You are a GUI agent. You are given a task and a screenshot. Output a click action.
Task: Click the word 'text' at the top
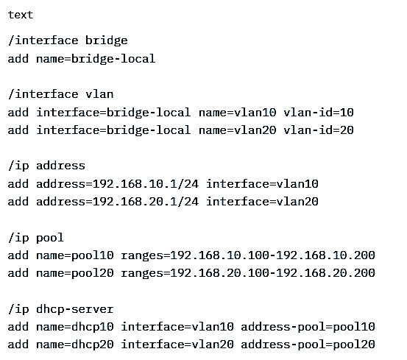[x=21, y=15]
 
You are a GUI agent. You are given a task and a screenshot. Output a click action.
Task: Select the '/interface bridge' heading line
[x=68, y=40]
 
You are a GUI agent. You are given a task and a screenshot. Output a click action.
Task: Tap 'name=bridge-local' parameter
[x=96, y=59]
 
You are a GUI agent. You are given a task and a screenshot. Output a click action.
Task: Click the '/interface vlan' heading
[x=61, y=94]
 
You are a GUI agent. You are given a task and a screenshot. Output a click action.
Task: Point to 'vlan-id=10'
[x=319, y=113]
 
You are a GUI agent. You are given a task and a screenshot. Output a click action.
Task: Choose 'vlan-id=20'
[x=319, y=130]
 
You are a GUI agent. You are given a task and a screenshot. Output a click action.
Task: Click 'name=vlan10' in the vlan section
[x=237, y=113]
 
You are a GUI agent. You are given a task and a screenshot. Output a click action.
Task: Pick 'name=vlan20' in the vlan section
[x=237, y=130]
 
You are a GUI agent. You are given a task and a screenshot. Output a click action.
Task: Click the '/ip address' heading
[x=46, y=166]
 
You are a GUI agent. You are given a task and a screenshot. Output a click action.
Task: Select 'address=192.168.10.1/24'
[x=117, y=184]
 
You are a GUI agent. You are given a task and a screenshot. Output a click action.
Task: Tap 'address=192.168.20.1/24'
[x=117, y=202]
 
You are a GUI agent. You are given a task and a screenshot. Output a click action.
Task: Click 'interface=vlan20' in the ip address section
[x=262, y=202]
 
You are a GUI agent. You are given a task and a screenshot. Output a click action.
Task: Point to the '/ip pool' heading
[x=36, y=238]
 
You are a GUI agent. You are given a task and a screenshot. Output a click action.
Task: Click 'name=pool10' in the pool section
[x=75, y=255]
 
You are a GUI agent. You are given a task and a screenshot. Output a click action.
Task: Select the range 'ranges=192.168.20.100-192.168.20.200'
[x=248, y=273]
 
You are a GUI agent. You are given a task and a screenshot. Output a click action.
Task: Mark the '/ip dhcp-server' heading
[x=61, y=309]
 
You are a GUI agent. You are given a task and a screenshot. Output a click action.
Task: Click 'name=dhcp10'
[x=75, y=327]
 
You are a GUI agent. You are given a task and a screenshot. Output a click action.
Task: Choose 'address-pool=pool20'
[x=308, y=345]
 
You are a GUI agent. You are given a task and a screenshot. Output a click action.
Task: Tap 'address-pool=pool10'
[x=308, y=327]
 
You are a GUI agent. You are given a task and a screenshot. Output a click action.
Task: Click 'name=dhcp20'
[x=75, y=345]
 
